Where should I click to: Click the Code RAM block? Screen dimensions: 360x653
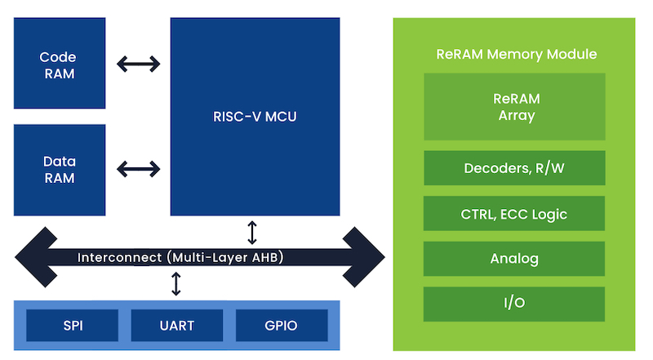coord(58,64)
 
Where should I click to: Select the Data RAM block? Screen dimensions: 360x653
coord(59,169)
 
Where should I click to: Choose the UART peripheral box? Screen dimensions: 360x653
coord(177,326)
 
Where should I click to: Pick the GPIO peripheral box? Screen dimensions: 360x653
coord(281,326)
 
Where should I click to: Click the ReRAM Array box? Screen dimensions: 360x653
coord(514,107)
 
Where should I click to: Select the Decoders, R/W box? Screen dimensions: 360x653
coord(514,168)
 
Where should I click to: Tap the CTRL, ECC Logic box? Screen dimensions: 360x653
coord(514,214)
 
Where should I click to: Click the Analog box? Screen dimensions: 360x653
coord(514,259)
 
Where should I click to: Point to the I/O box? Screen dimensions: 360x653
coord(514,304)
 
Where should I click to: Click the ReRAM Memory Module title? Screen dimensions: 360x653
coord(516,55)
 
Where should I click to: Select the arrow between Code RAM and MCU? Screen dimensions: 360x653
coord(138,63)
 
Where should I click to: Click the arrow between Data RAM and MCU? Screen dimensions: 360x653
coord(138,169)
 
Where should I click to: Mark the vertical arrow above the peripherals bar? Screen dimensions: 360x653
coord(176,284)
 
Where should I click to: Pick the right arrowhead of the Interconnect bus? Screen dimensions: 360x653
coord(365,257)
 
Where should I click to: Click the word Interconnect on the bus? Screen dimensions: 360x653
coord(119,258)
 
